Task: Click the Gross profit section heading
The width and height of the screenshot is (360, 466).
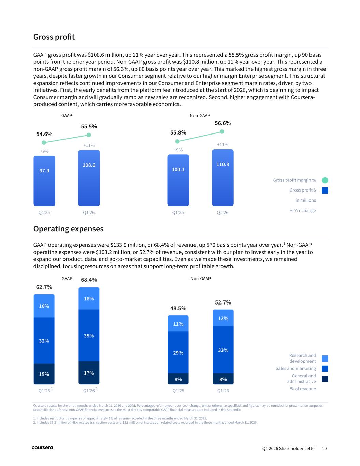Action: coord(54,37)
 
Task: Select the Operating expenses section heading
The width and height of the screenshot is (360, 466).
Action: coord(68,229)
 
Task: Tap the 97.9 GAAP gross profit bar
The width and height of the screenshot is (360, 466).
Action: coord(44,181)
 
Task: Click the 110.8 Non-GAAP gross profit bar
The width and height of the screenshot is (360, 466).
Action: coord(222,178)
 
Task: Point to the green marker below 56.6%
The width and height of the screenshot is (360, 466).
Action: coord(222,132)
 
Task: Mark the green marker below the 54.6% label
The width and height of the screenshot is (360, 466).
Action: coord(44,142)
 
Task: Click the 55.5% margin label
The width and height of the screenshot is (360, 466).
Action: coord(89,127)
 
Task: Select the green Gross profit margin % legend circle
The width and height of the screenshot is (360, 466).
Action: coord(325,180)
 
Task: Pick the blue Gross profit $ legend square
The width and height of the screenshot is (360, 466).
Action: coord(325,190)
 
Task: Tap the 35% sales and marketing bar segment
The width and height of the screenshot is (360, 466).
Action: coord(89,335)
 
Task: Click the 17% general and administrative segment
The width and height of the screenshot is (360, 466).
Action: coord(89,373)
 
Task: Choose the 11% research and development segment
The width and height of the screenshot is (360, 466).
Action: coord(178,324)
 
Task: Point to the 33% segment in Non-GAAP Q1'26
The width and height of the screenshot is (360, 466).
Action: coord(223,350)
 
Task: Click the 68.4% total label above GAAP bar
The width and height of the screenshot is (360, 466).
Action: coord(89,280)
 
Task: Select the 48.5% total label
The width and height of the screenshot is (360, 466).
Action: coord(178,308)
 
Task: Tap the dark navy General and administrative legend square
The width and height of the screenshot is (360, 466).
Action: coord(325,379)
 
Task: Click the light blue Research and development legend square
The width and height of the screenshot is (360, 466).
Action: coord(325,358)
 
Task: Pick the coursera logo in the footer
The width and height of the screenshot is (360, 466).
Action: coord(42,448)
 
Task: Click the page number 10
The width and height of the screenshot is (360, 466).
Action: coord(324,448)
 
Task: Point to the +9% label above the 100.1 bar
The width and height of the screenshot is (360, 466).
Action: coord(178,150)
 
